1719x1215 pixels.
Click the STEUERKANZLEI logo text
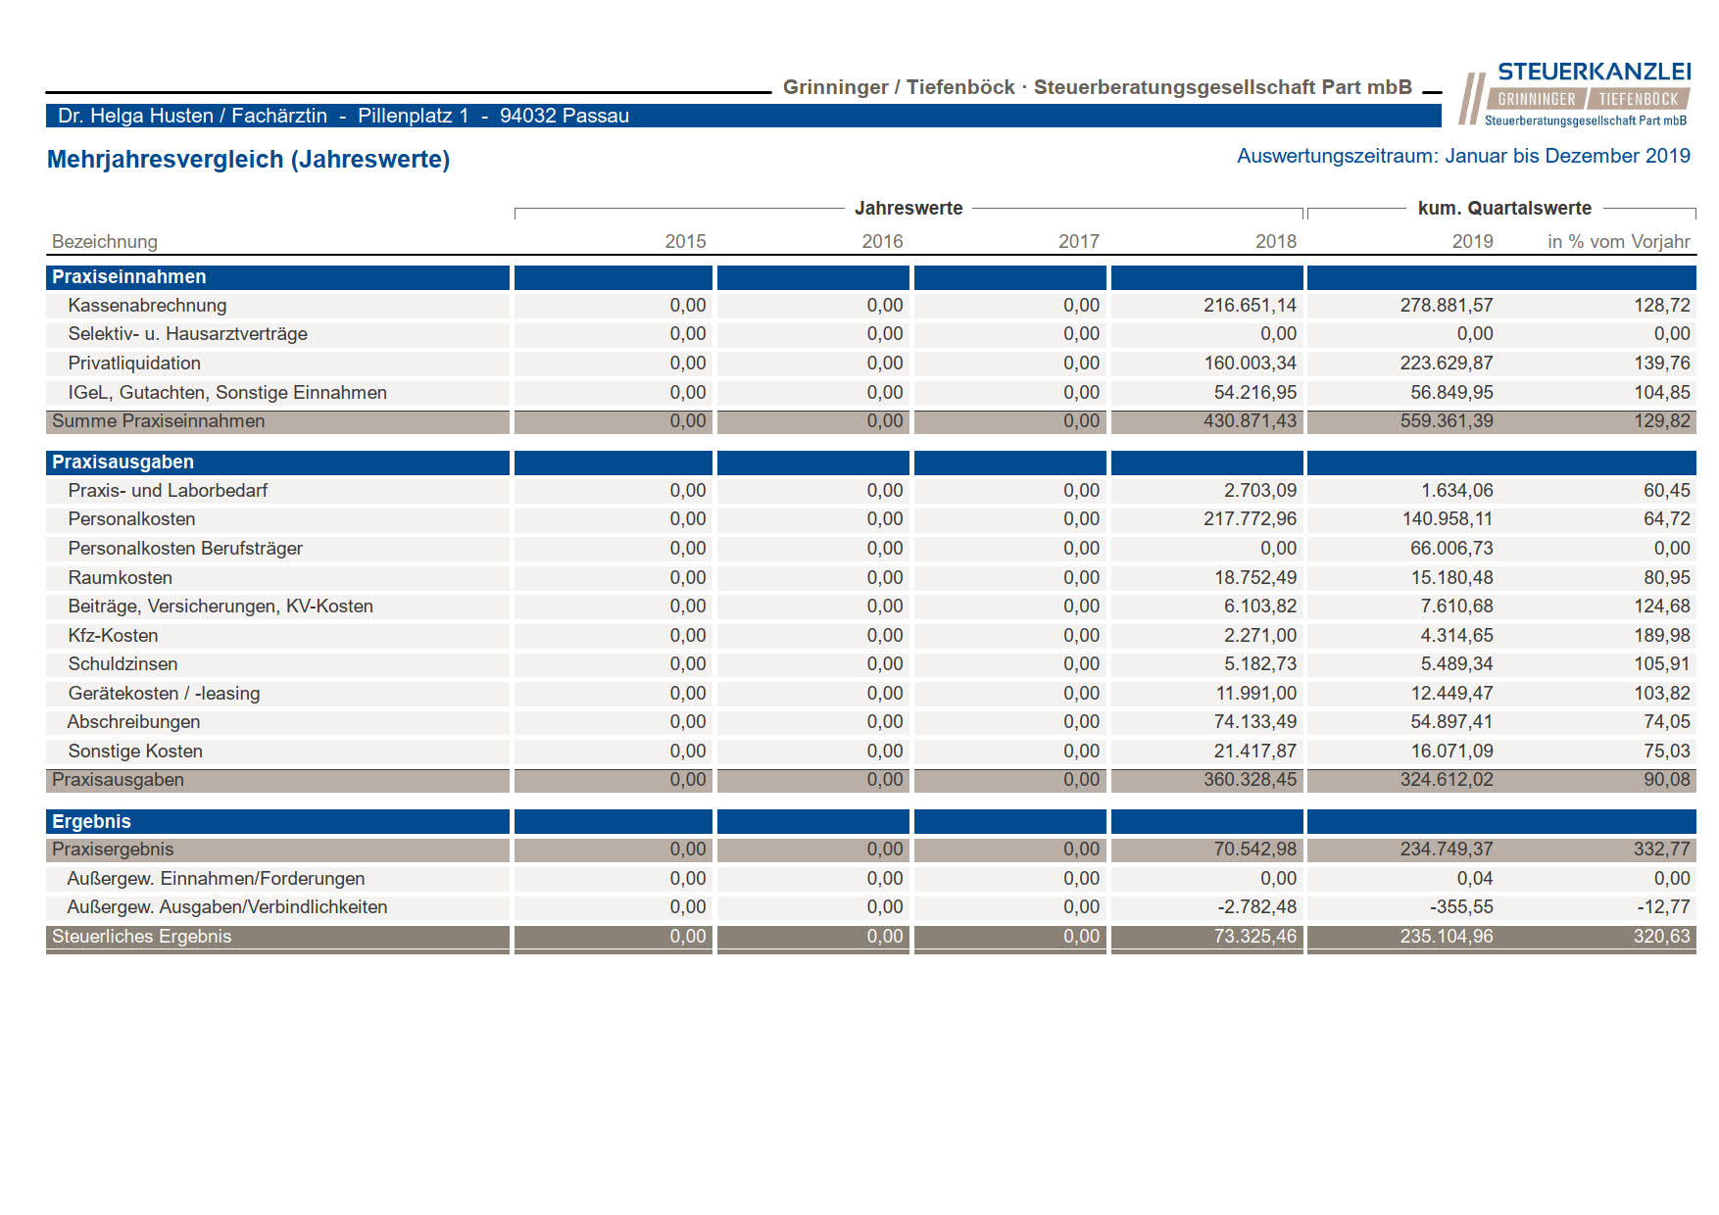click(1594, 72)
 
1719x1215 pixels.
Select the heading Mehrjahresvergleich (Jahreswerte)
click(249, 159)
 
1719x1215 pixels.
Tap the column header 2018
click(1275, 241)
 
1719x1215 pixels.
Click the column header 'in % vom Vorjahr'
click(1618, 241)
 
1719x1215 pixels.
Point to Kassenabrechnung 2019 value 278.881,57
click(1447, 305)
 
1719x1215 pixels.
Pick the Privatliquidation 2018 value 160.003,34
click(1250, 363)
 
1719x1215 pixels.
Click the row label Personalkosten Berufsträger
click(185, 548)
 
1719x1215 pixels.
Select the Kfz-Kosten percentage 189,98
click(1662, 635)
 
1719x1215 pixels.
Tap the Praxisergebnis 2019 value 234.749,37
click(1447, 849)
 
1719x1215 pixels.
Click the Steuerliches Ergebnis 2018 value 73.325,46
click(1254, 936)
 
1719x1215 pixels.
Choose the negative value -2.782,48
click(1256, 906)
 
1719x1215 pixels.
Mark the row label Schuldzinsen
click(123, 663)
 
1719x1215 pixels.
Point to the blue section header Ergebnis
click(91, 821)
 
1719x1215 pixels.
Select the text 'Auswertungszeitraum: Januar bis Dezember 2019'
click(1463, 156)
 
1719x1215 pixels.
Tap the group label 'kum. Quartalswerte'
click(1504, 208)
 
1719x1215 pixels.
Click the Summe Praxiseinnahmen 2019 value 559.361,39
click(1447, 420)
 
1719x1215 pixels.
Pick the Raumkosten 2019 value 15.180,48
click(1451, 577)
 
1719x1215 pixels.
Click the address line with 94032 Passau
click(343, 116)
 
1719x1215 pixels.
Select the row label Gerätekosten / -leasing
click(164, 693)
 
